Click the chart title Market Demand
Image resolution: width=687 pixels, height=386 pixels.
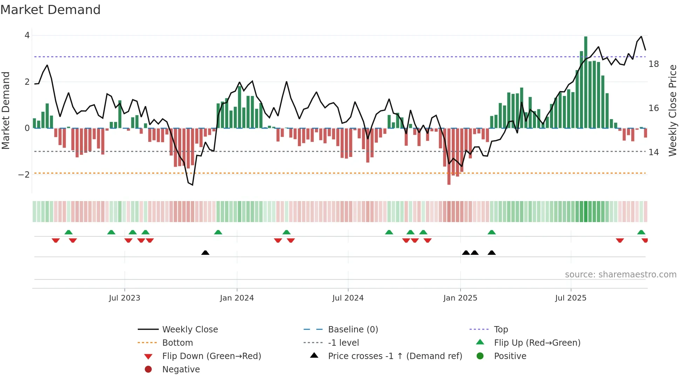pos(50,10)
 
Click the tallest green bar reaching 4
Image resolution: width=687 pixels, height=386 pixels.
pos(586,82)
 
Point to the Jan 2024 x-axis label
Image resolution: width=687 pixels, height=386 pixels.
pos(237,298)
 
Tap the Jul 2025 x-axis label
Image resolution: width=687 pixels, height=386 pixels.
pos(571,298)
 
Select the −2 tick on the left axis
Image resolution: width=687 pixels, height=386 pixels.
pos(24,175)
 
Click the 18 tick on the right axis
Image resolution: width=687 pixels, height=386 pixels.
pos(654,64)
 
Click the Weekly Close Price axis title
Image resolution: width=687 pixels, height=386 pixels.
pos(672,110)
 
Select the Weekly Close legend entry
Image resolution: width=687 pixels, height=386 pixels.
pos(190,330)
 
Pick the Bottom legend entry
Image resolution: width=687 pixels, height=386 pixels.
pos(177,343)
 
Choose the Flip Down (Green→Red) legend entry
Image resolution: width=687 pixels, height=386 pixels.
pos(211,356)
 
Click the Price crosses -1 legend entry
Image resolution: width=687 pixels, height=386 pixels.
pos(395,356)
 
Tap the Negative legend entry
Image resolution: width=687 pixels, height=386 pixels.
pos(181,370)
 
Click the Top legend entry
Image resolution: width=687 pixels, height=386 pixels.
pos(501,330)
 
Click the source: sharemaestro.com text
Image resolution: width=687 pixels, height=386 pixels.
pos(620,275)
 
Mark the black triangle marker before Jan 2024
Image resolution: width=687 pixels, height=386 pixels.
pos(205,253)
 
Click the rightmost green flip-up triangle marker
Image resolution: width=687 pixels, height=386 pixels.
pos(641,232)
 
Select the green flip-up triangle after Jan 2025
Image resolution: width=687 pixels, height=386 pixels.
pos(492,232)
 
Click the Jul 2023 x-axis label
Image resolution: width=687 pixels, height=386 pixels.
pos(124,298)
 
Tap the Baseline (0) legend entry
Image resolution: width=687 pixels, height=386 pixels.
pos(353,330)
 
